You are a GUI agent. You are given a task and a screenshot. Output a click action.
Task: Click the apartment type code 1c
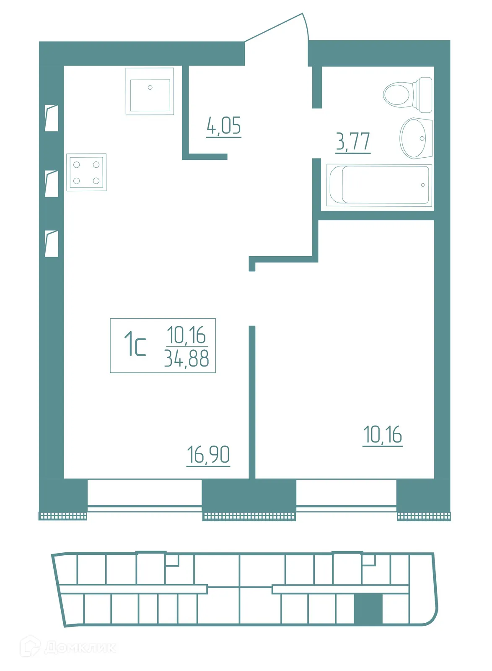point(135,345)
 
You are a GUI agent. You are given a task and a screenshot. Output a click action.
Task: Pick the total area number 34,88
point(186,359)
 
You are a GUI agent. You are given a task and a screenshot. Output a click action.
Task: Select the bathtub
point(379,185)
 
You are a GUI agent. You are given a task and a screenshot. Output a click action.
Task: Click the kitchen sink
point(150,91)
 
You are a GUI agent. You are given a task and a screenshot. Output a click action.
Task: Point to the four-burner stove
point(86,172)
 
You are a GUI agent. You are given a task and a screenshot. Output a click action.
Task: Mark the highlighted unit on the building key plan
point(368,609)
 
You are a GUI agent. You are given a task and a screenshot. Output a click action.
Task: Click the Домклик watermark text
point(80,647)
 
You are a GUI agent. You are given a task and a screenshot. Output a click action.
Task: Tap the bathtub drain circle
point(422,185)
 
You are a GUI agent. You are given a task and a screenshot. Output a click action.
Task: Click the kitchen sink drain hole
point(150,88)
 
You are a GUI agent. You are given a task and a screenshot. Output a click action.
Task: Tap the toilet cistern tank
point(423,95)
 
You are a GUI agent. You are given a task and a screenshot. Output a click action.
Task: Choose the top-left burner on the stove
point(77,165)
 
